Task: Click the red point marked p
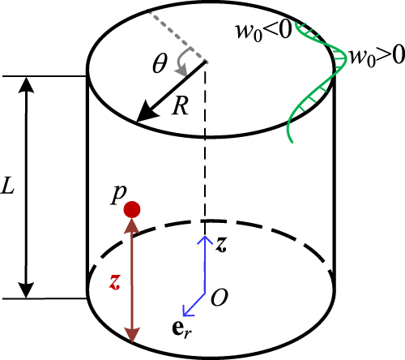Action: point(132,209)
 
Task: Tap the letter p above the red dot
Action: point(119,195)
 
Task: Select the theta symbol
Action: point(160,63)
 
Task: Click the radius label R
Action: point(180,106)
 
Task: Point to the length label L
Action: point(7,185)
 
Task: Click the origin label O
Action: point(220,298)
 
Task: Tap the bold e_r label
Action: point(181,330)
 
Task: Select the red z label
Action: point(114,282)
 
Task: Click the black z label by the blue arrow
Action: point(221,245)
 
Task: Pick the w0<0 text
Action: point(264,31)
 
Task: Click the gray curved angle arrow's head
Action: point(181,71)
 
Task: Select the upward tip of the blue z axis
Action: point(205,237)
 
